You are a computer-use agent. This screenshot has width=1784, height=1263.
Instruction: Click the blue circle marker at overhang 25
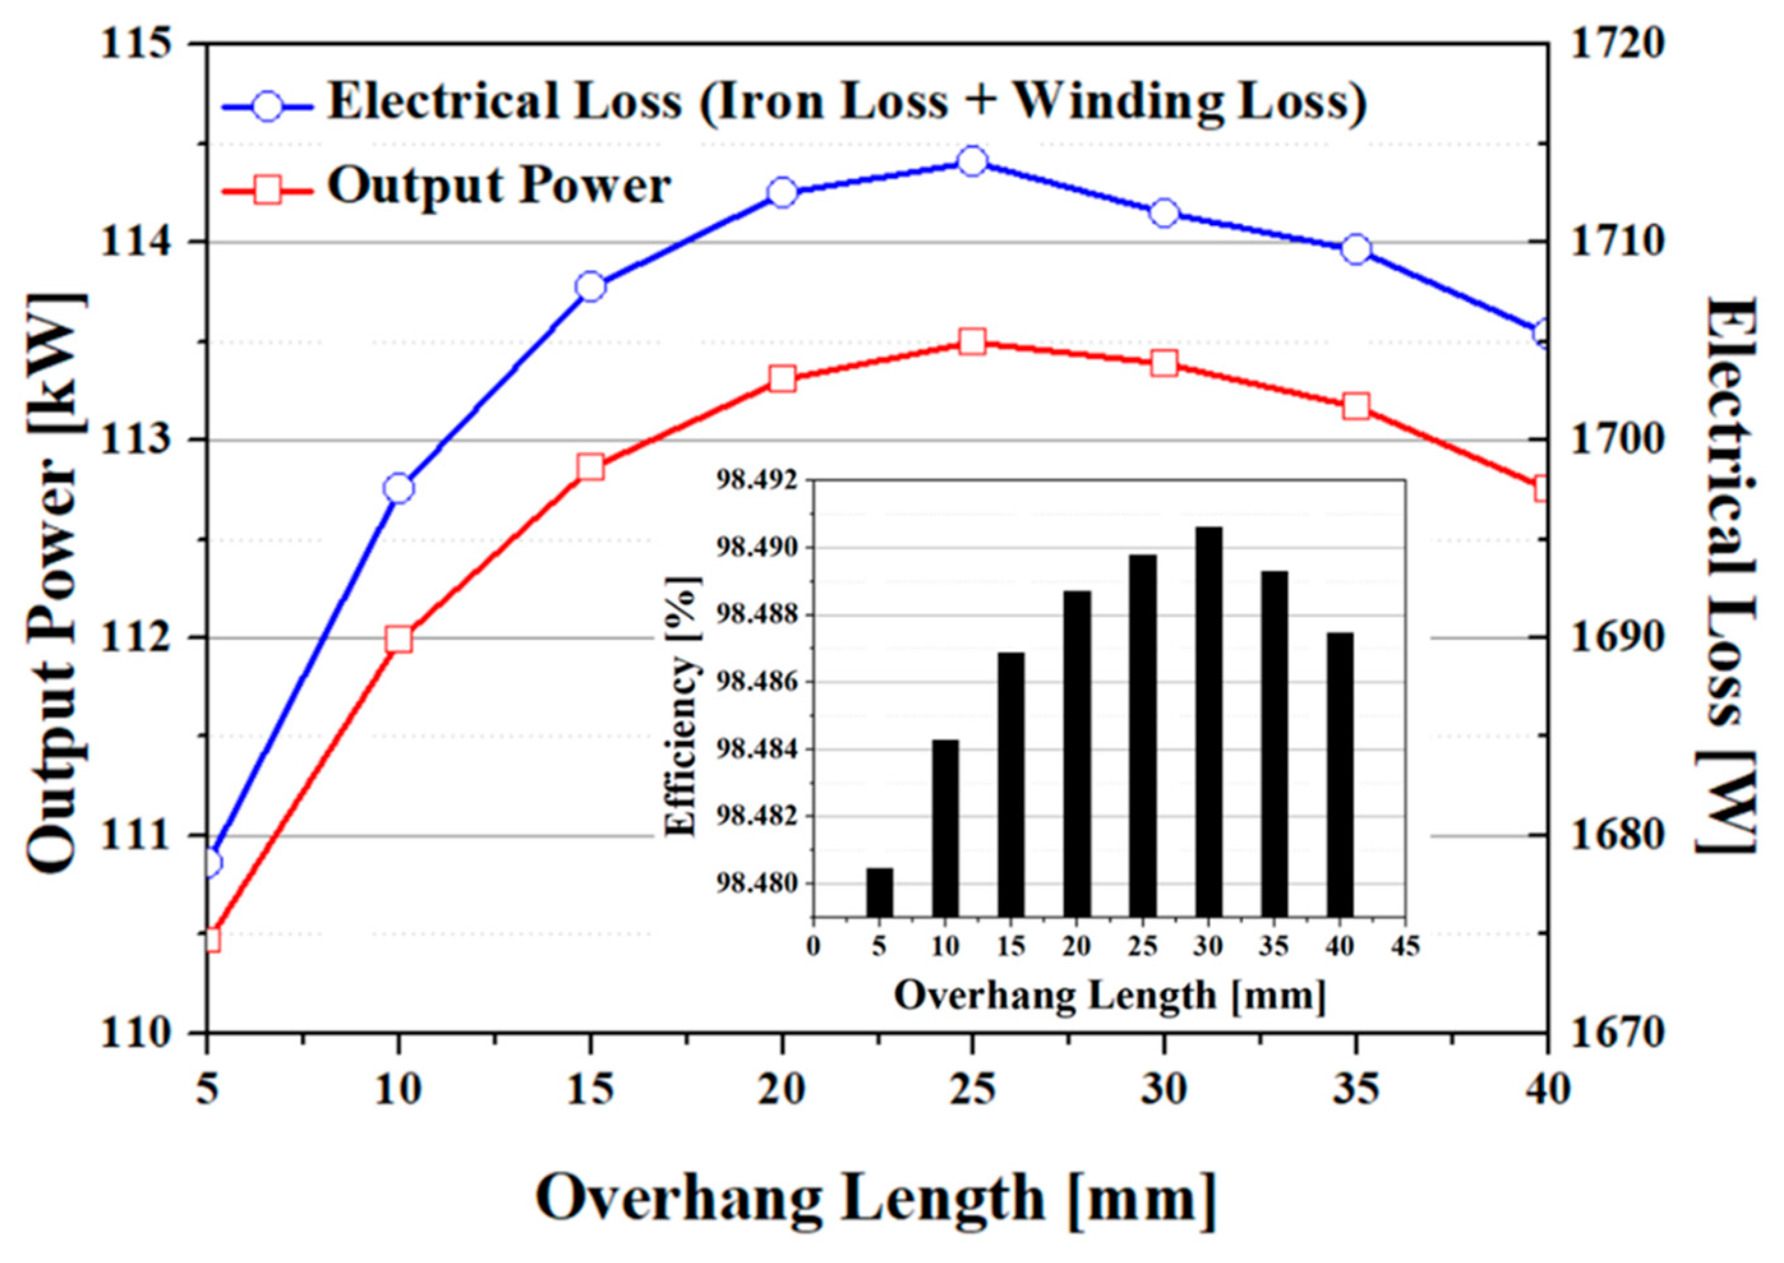(973, 162)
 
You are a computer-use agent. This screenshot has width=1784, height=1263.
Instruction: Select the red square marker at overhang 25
(973, 342)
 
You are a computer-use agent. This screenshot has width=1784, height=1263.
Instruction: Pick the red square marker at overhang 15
(590, 468)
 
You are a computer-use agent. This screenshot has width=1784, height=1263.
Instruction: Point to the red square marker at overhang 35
(1356, 407)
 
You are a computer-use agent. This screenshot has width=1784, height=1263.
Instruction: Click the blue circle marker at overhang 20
(782, 192)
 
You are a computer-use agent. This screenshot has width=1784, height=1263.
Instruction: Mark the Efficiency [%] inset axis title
(682, 705)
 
